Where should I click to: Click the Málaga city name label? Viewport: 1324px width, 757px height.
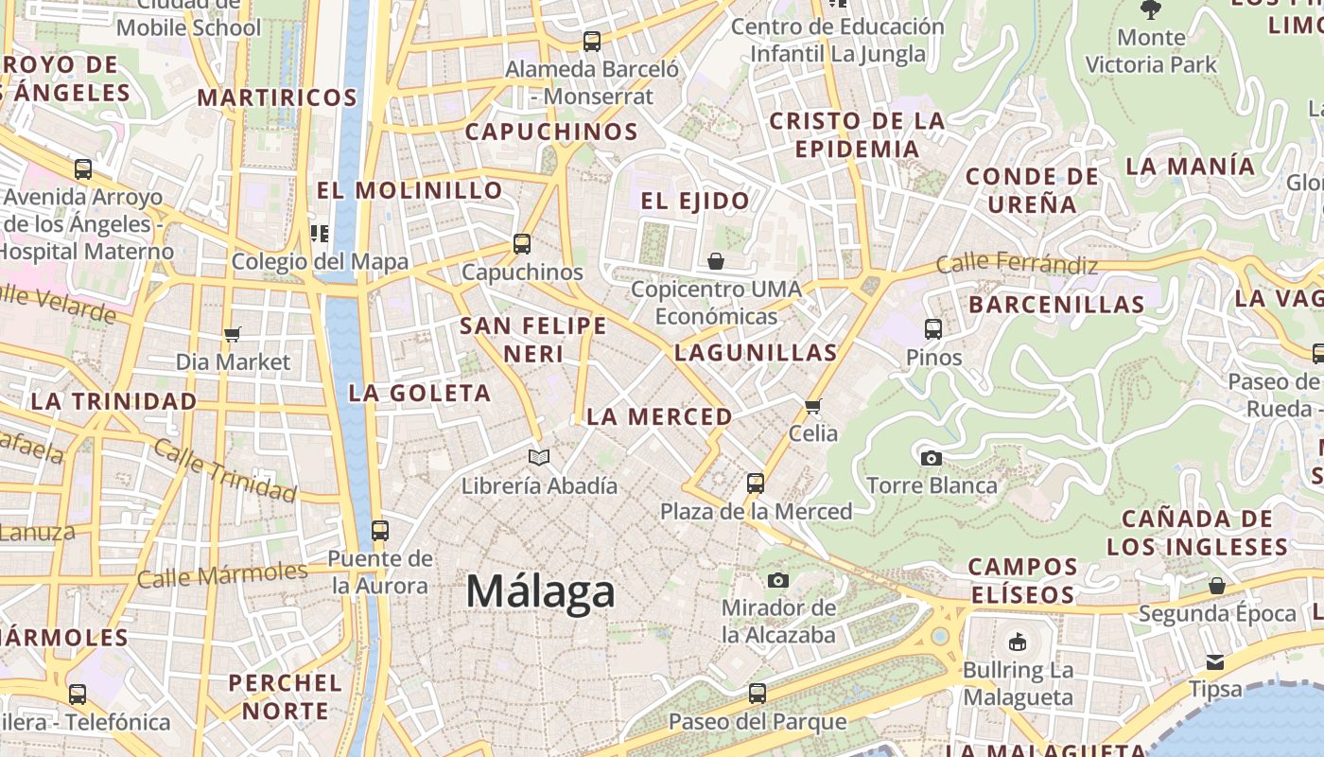pos(540,592)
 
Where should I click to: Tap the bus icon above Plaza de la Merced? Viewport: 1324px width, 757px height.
pos(755,484)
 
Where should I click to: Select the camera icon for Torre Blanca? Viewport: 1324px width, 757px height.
pos(931,458)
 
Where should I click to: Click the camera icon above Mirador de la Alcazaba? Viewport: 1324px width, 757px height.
pos(778,579)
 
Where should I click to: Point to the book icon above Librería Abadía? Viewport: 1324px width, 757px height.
pos(538,458)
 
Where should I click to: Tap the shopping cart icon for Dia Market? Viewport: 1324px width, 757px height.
pos(233,334)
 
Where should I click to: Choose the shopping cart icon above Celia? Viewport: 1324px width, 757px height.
pos(812,406)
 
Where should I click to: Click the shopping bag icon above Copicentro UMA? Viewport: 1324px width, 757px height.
pos(716,260)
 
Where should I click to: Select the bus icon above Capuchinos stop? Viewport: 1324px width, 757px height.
pos(521,243)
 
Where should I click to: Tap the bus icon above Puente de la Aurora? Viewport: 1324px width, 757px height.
pos(379,530)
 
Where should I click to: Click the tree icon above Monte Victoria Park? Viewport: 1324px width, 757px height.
pos(1150,9)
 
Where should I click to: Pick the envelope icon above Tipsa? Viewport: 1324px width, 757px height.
pos(1214,661)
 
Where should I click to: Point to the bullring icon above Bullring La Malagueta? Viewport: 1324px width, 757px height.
pos(1018,642)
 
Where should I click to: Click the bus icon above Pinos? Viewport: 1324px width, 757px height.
pos(933,329)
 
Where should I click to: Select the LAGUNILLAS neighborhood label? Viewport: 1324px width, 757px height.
pos(756,353)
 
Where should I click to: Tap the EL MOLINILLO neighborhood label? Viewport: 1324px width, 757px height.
pos(409,190)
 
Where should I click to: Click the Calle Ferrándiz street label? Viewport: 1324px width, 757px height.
pos(1017,263)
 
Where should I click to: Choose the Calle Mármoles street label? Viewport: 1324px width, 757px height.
pos(222,574)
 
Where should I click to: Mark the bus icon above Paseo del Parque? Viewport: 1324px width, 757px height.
pos(757,694)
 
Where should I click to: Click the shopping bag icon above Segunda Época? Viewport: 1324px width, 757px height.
pos(1217,586)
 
